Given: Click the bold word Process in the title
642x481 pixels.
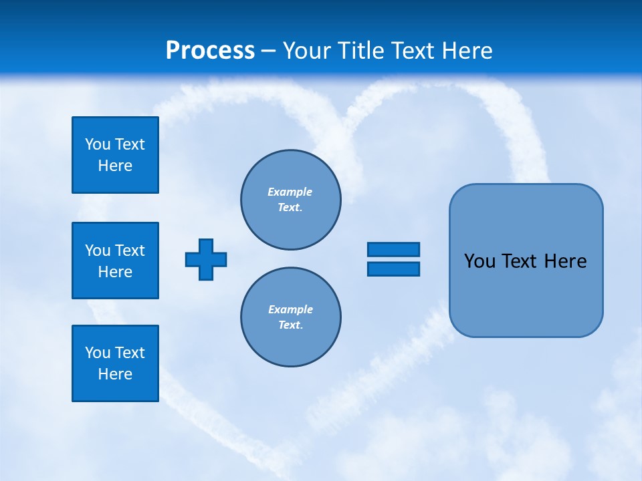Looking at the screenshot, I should coord(210,51).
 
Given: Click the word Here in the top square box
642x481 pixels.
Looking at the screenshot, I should coord(115,166).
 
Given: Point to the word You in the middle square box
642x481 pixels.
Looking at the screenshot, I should coord(97,251).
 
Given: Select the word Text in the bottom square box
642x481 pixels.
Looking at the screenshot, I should coord(129,353).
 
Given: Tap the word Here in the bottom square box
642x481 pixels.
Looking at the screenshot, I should coord(115,374).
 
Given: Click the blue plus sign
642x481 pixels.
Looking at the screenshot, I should coord(206,259).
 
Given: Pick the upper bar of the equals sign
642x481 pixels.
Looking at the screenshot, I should coord(393,250).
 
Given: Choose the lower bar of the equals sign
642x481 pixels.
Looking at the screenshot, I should coord(393,269).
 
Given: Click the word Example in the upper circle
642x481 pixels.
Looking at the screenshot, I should coord(290,192).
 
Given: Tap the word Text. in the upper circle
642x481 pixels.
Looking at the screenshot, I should coord(290,207).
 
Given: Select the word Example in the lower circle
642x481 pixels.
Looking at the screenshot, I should coord(290,309).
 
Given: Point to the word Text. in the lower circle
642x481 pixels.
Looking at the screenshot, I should coord(290,325).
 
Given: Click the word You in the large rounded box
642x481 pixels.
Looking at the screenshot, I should coord(479,261).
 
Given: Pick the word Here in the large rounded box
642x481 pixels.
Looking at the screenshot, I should coord(565,261).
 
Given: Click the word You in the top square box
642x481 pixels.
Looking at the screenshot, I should coord(97,144).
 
